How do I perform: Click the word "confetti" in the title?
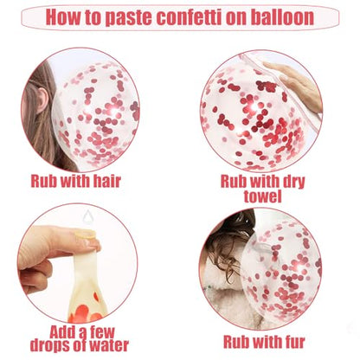point(190,17)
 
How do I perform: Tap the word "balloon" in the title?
point(282,17)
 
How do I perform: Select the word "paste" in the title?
point(128,18)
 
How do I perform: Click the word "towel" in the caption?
point(262,196)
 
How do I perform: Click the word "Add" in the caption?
point(62,331)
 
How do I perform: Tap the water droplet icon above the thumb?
point(87,217)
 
